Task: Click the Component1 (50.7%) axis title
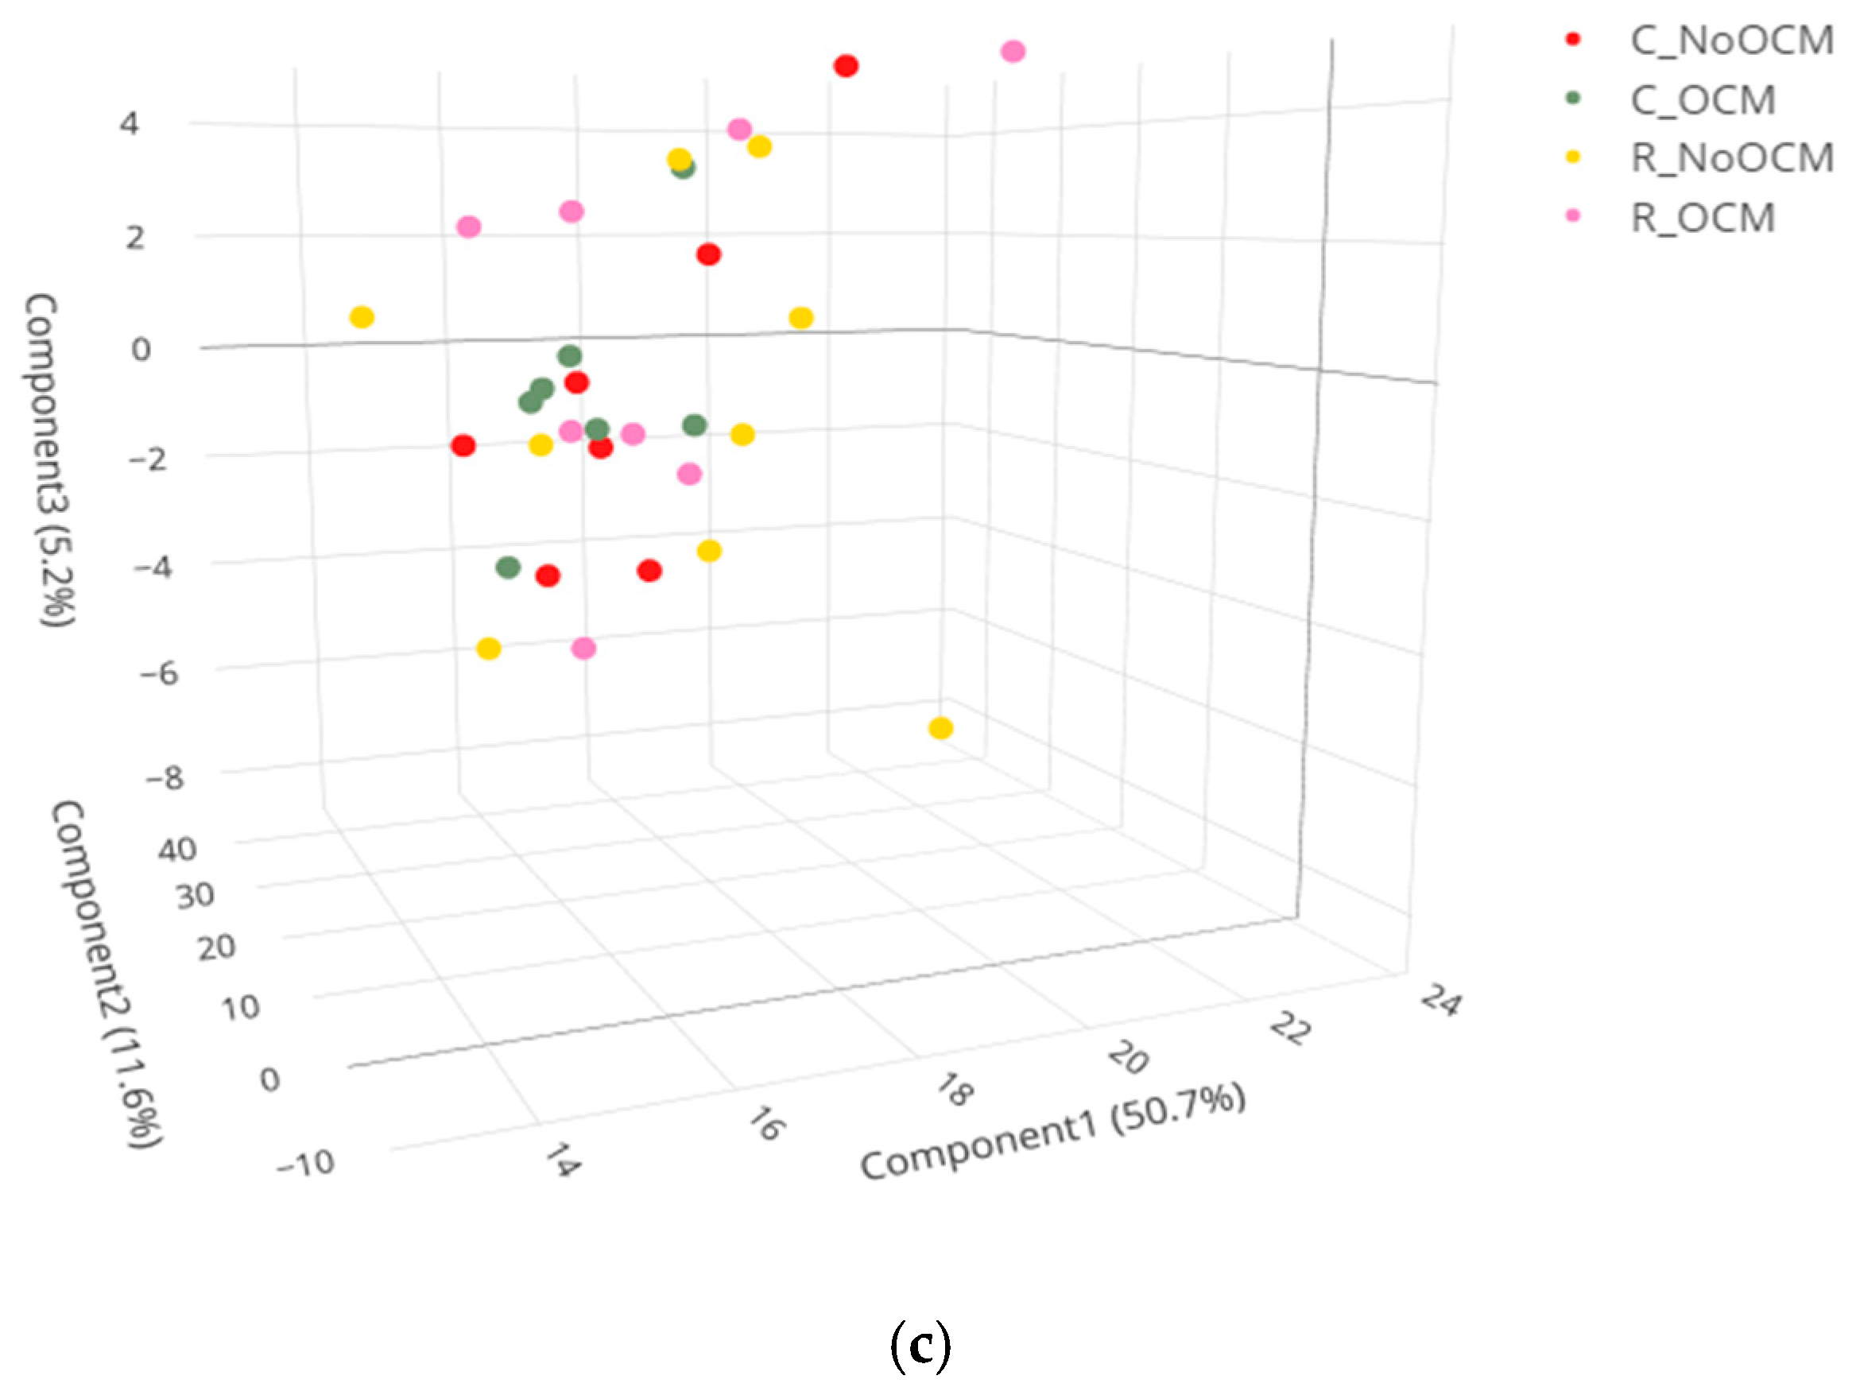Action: (x=1052, y=1132)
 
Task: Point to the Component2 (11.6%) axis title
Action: (x=107, y=973)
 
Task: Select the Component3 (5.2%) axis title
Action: (x=50, y=459)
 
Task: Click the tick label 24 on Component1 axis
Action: (x=1439, y=1001)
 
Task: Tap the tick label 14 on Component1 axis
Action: (x=561, y=1161)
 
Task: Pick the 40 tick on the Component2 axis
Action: (x=177, y=850)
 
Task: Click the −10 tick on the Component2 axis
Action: (x=306, y=1164)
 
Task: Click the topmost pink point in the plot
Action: (x=1013, y=51)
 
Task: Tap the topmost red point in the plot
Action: (x=846, y=65)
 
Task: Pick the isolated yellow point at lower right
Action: (x=940, y=728)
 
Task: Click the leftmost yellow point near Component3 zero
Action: (x=362, y=317)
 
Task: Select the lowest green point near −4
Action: (x=508, y=567)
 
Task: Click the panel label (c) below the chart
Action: (x=920, y=1346)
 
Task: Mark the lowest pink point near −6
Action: (x=583, y=649)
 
